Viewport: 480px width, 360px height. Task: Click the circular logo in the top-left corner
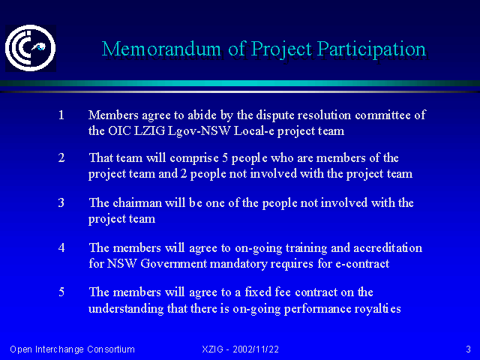pyautogui.click(x=31, y=48)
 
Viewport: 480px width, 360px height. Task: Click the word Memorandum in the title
pyautogui.click(x=161, y=49)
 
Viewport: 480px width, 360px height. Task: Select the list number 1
pyautogui.click(x=61, y=115)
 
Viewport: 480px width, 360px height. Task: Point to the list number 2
pyautogui.click(x=61, y=158)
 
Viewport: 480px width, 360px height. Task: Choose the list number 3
pyautogui.click(x=61, y=202)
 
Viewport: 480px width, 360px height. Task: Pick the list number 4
pyautogui.click(x=61, y=247)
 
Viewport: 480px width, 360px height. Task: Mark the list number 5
pyautogui.click(x=61, y=292)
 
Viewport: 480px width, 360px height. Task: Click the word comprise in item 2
pyautogui.click(x=194, y=158)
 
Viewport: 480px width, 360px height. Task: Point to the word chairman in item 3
pyautogui.click(x=137, y=202)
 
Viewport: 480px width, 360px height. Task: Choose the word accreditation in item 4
pyautogui.click(x=388, y=247)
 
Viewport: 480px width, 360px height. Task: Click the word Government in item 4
pyautogui.click(x=173, y=263)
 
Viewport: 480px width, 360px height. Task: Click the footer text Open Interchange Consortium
pyautogui.click(x=72, y=349)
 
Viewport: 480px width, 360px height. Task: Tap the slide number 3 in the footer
pyautogui.click(x=468, y=349)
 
